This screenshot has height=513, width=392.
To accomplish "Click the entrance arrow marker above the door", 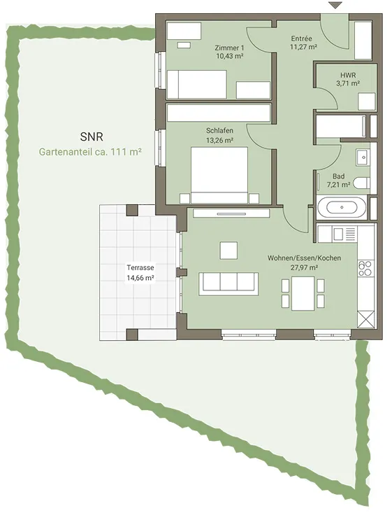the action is [x=335, y=5].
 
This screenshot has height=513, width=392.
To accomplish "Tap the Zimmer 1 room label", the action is [x=229, y=48].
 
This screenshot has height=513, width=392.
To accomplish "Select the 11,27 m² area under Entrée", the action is [x=303, y=47].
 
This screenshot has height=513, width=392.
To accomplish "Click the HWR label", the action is [x=348, y=76].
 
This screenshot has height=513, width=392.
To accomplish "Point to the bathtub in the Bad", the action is [x=342, y=207].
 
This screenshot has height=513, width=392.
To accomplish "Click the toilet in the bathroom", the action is [x=363, y=183].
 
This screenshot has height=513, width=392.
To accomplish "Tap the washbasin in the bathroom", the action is [x=363, y=157].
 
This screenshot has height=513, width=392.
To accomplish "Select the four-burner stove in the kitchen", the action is [x=365, y=268].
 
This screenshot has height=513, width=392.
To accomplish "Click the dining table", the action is [x=303, y=293].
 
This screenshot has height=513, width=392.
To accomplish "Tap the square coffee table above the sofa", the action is [x=228, y=251].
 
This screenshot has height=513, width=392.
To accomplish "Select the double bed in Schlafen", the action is [x=219, y=176].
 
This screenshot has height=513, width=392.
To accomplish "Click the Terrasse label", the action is [x=140, y=267].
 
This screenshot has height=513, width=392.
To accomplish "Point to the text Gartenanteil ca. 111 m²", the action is [x=90, y=152].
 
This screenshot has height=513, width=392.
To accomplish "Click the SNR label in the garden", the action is [x=92, y=136].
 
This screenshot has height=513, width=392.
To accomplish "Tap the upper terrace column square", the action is [x=132, y=211].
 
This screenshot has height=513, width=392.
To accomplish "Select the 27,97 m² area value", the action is [x=305, y=267].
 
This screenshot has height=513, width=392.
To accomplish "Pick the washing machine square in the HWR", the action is [x=367, y=101].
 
